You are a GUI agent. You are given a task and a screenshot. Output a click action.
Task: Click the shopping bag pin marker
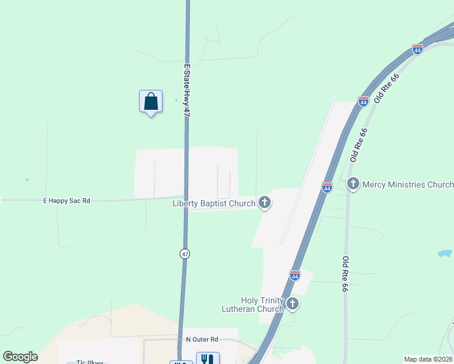coord(151,102)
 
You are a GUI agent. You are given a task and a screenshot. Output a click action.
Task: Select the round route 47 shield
coord(185,254)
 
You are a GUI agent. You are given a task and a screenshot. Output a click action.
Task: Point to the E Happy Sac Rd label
coord(66,200)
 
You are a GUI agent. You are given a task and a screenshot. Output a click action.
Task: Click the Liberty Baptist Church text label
coord(214,203)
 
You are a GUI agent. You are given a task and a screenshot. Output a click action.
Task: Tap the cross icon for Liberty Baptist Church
coord(264,203)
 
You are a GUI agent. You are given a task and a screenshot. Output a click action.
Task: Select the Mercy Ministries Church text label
coord(407,184)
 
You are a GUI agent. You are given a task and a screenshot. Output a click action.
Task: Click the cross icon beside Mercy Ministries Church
coord(353,183)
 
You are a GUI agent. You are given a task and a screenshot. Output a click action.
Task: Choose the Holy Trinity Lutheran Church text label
coord(262,305)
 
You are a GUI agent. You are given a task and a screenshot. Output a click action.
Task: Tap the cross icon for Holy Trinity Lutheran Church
coord(293,303)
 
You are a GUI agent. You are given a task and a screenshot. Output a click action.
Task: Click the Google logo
coord(20,357)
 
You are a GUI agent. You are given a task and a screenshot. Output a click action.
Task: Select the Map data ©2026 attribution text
coord(427,359)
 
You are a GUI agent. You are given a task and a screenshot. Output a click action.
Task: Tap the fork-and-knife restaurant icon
coord(208,359)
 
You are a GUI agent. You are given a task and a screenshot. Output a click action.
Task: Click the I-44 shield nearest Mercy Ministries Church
coord(327,188)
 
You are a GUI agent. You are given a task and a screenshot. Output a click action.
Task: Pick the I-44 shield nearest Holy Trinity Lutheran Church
coord(295,275)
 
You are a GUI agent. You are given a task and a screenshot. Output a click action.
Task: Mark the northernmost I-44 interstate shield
coord(417,49)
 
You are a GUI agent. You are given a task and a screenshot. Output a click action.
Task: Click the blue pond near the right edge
coord(444,254)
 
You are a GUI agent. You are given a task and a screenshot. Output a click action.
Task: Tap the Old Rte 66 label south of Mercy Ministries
coord(344,274)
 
